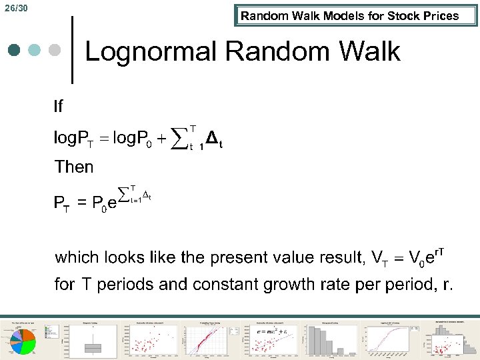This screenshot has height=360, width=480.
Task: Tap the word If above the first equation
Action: pos(59,106)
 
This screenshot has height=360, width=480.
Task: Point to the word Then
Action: pos(74,167)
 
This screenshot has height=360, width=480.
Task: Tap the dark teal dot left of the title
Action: pos(15,51)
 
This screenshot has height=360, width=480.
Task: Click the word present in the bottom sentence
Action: pos(264,257)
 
